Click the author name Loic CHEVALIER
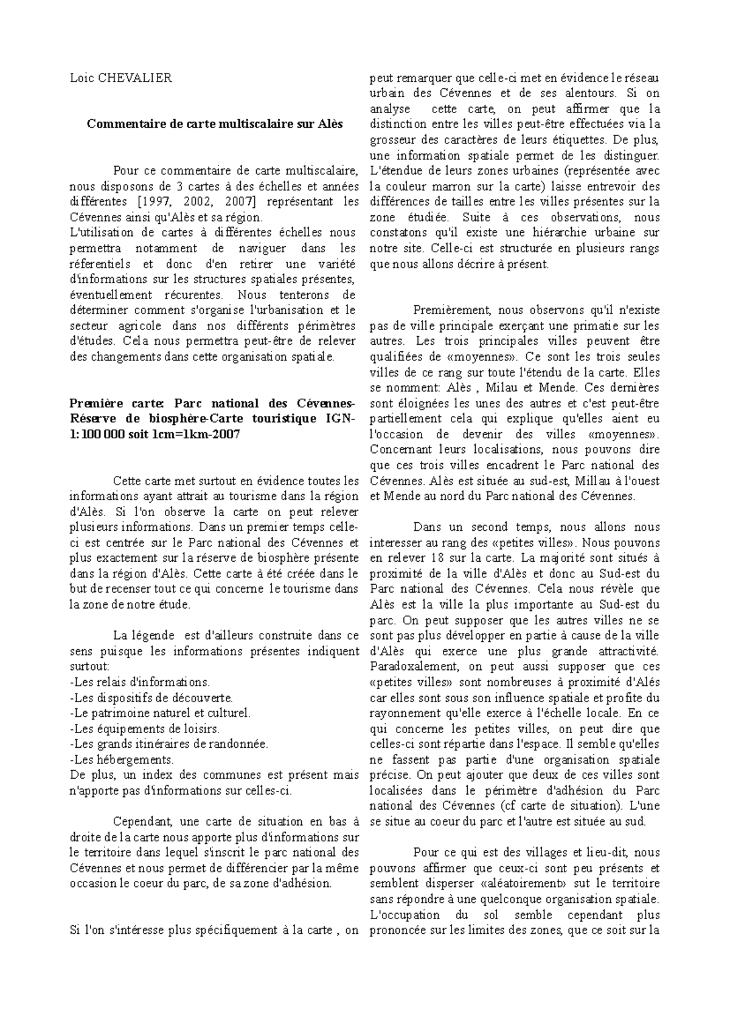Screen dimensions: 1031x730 pos(121,78)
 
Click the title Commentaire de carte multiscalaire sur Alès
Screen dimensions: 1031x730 pos(214,124)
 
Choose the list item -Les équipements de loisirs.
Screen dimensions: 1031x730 pos(145,728)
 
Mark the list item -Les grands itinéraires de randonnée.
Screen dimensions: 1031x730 pos(169,743)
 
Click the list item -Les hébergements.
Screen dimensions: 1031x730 pos(122,759)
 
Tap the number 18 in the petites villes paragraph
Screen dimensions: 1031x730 pos(433,557)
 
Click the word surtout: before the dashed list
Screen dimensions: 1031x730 pos(89,667)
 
